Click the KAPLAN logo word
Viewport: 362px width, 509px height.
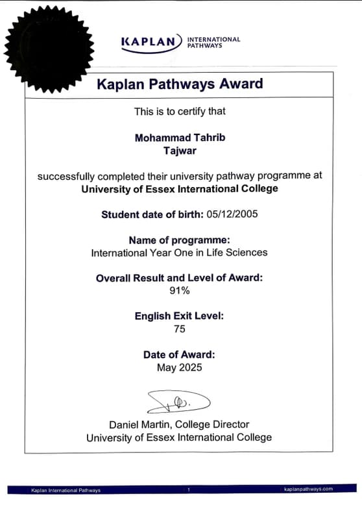pyautogui.click(x=148, y=42)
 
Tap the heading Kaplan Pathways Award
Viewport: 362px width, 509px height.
pyautogui.click(x=180, y=84)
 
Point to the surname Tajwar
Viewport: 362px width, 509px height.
pyautogui.click(x=179, y=151)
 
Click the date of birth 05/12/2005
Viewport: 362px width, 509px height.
pyautogui.click(x=232, y=214)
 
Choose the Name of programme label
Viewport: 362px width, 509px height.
pyautogui.click(x=179, y=240)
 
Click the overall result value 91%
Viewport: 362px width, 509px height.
pyautogui.click(x=179, y=290)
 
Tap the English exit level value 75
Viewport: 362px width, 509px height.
pyautogui.click(x=179, y=329)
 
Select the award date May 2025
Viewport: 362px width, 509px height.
pyautogui.click(x=179, y=367)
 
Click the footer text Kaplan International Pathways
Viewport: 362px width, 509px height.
pyautogui.click(x=66, y=490)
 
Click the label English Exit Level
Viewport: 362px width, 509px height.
pyautogui.click(x=179, y=316)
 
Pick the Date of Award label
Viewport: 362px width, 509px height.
pyautogui.click(x=179, y=354)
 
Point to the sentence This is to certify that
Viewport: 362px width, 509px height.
pyautogui.click(x=180, y=111)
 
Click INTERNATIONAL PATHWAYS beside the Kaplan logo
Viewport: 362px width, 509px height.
pyautogui.click(x=213, y=42)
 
